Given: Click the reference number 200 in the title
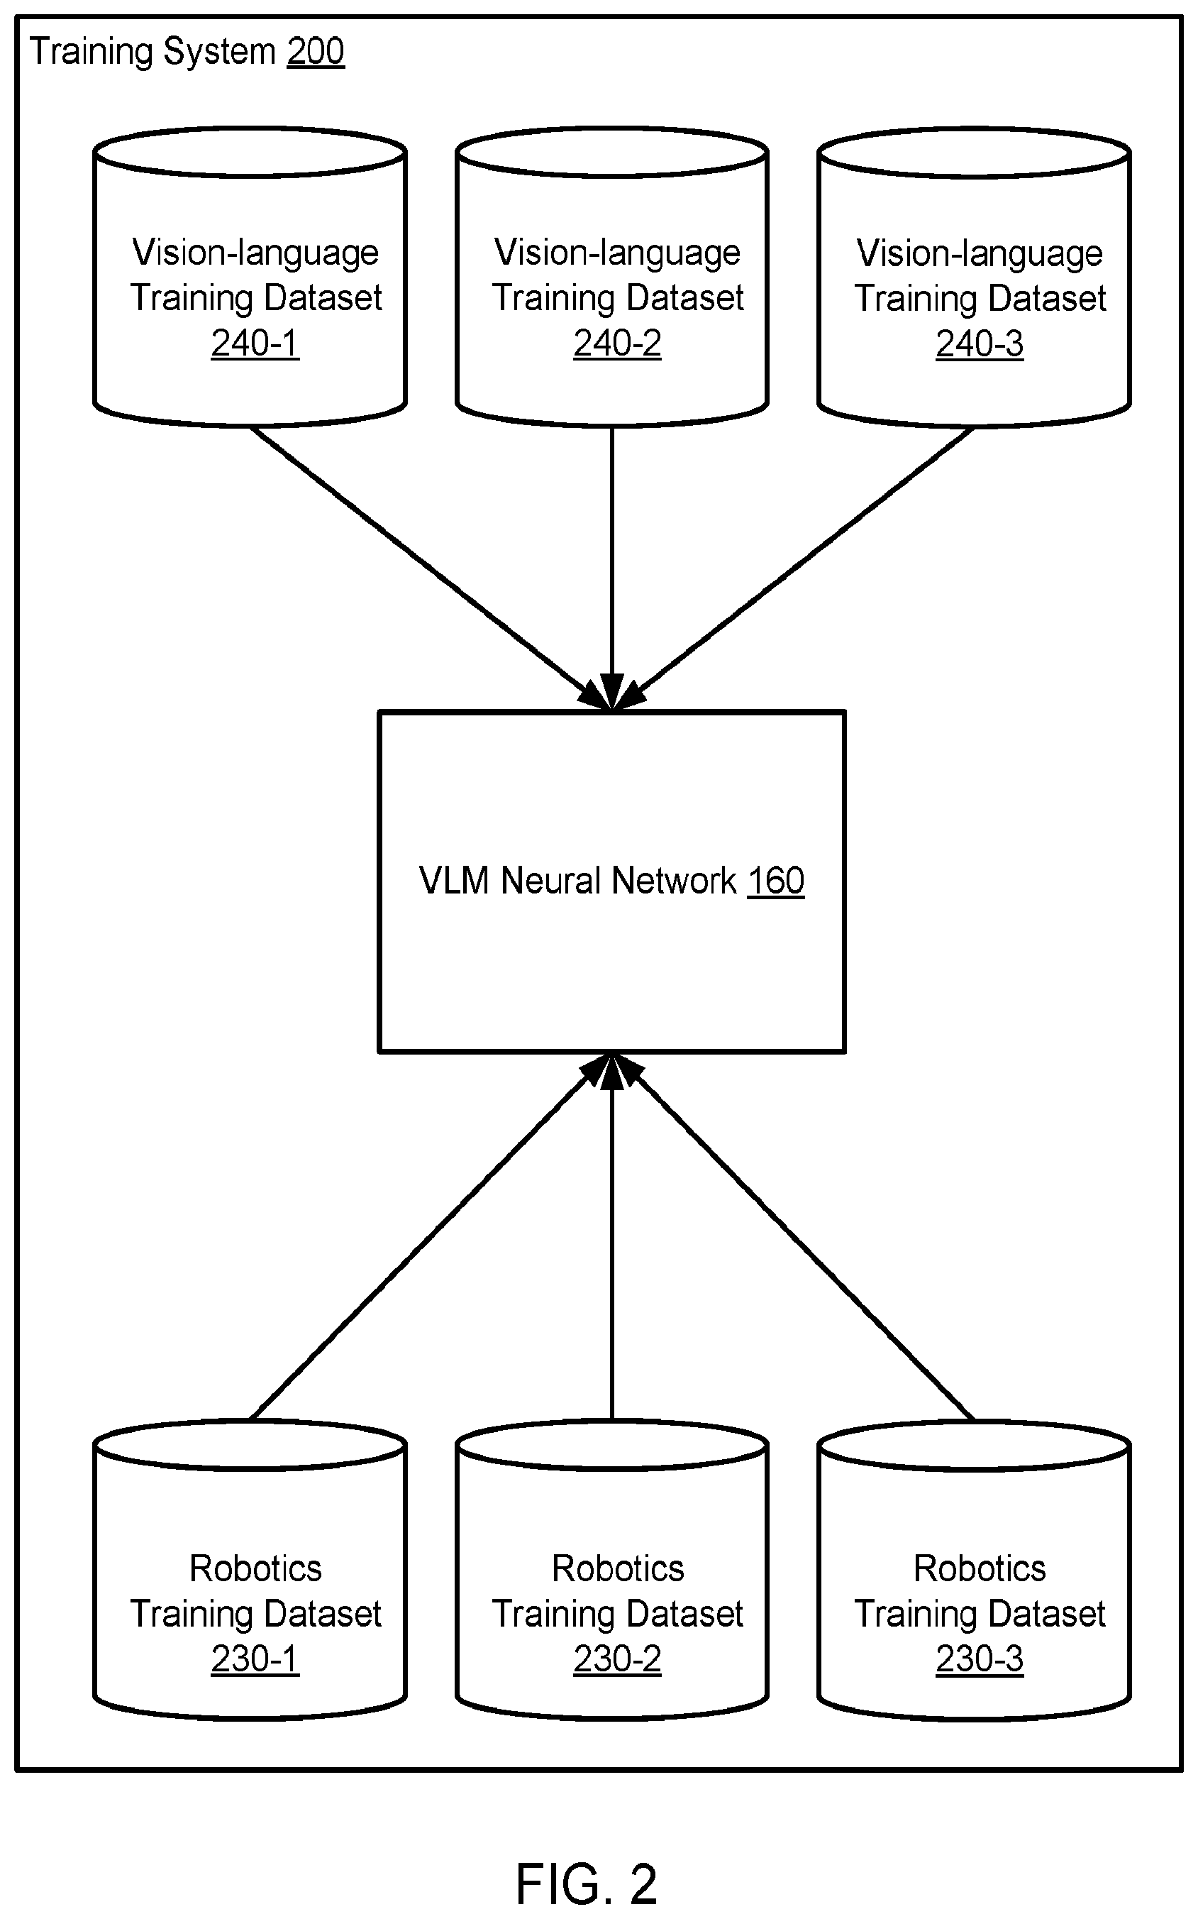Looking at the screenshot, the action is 316,53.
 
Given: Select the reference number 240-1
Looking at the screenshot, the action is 255,343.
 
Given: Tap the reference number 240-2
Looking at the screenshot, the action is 617,343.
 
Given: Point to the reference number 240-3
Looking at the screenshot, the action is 980,344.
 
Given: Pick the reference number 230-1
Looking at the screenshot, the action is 255,1659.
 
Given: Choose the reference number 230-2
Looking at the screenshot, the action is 617,1659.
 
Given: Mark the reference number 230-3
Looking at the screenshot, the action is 980,1659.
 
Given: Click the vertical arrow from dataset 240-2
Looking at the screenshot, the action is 611,568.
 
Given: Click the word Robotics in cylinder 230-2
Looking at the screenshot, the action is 618,1568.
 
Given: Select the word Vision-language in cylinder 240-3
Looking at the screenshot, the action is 980,253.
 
